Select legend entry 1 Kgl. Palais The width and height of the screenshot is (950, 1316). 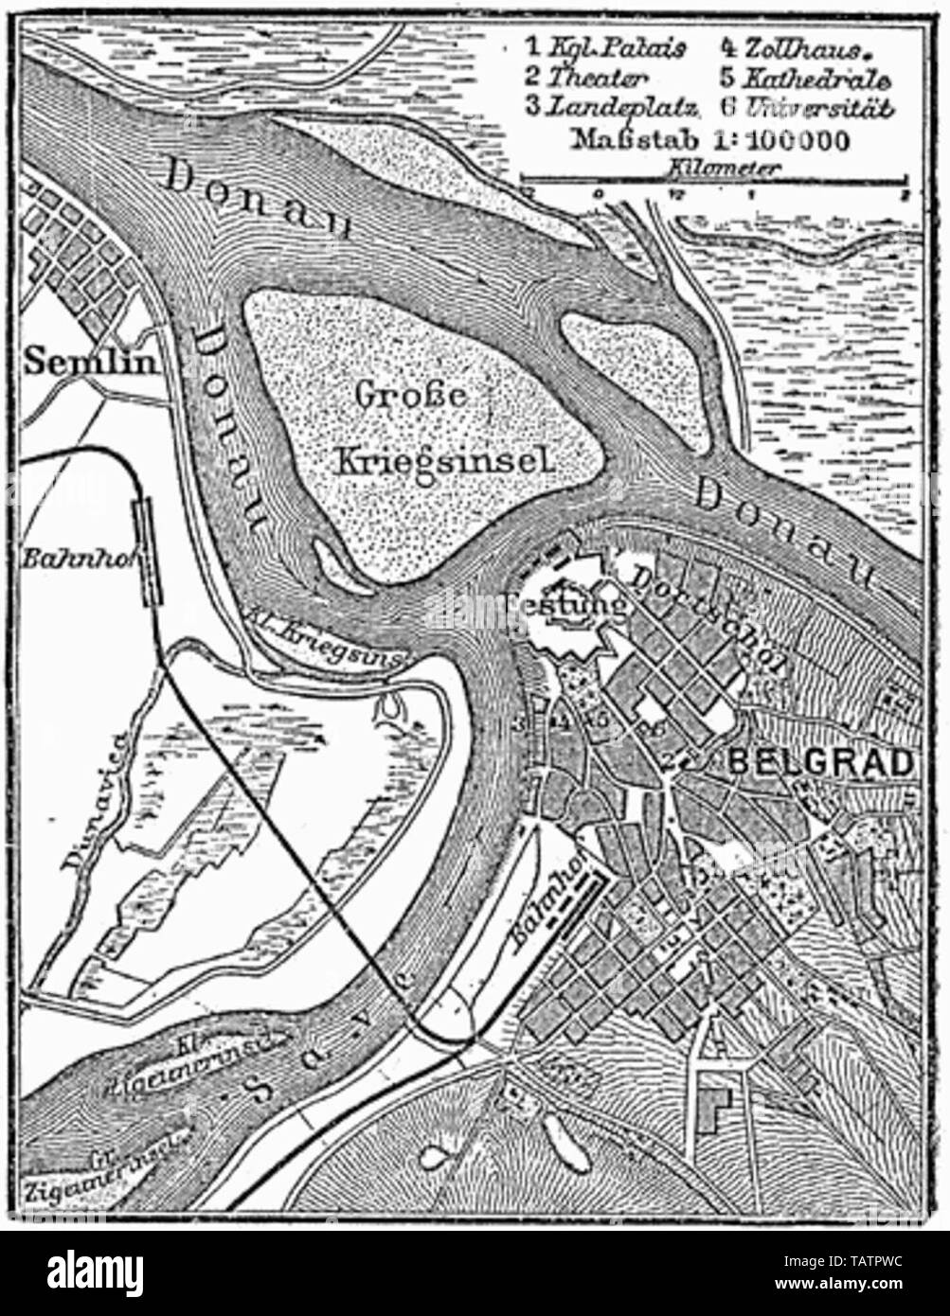[605, 47]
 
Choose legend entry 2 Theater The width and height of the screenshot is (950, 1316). [588, 77]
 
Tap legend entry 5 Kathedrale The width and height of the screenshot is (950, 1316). [805, 77]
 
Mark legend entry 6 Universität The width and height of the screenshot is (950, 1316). [805, 106]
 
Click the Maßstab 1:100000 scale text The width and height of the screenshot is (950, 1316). [709, 139]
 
